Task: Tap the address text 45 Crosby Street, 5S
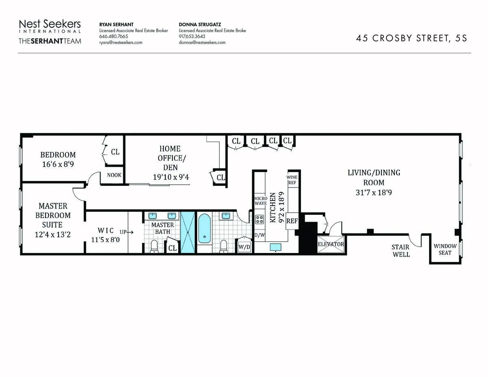coord(412,38)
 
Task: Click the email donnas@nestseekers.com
coord(202,42)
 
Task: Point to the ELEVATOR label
coord(331,244)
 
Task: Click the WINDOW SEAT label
coord(444,249)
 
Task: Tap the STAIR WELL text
coord(401,251)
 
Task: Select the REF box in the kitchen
coord(292,221)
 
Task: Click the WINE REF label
coord(292,180)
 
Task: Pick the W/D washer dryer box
coord(244,246)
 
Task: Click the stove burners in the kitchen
coord(259,220)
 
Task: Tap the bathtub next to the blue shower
coord(204,229)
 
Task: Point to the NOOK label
coord(114,175)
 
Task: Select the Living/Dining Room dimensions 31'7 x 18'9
coord(373,192)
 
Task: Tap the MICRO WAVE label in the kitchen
coord(260,200)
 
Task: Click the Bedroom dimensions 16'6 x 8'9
coord(57,164)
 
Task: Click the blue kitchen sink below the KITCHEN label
coord(275,247)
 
